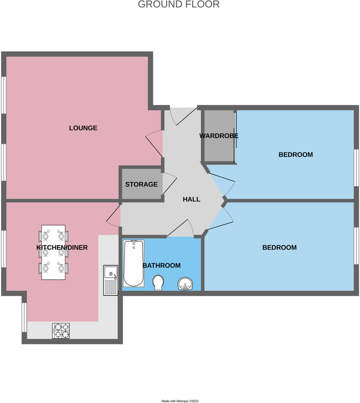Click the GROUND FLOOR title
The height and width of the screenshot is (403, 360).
click(x=178, y=4)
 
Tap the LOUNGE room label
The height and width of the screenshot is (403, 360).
click(x=83, y=128)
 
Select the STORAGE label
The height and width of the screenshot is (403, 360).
click(x=141, y=184)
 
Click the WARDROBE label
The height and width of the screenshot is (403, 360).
click(x=219, y=136)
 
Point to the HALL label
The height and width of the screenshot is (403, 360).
click(x=191, y=199)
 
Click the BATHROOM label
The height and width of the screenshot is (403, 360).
click(x=162, y=266)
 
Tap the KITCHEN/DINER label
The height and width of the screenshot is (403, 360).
click(x=62, y=248)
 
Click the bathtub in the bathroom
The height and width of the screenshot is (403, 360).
click(x=134, y=263)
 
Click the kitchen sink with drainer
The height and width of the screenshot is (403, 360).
click(x=110, y=280)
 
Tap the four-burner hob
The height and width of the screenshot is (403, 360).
click(x=61, y=330)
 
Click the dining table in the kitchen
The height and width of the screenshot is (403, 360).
click(x=53, y=252)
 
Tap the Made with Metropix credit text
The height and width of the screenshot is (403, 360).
click(x=180, y=401)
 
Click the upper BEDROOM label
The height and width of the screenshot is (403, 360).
click(x=296, y=155)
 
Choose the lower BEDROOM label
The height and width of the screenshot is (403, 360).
click(x=279, y=248)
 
